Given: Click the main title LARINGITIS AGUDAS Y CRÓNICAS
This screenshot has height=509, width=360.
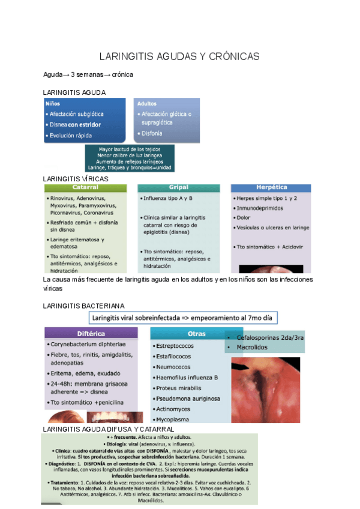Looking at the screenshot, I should click(x=179, y=56).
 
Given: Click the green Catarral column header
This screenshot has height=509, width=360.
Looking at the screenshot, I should click(x=85, y=187).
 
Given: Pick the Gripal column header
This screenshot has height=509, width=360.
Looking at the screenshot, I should click(x=179, y=187).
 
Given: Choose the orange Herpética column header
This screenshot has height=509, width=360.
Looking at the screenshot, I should click(x=272, y=187).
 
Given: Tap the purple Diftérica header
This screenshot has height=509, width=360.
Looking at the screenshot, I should click(x=91, y=333).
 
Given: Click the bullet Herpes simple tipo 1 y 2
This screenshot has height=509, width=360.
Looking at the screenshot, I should click(x=267, y=197).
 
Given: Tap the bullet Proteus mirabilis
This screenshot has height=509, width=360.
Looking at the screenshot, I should click(x=180, y=388).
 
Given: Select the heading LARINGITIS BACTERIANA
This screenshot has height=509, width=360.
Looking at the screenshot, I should click(x=84, y=306).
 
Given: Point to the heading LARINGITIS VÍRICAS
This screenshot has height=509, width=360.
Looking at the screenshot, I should click(x=76, y=179).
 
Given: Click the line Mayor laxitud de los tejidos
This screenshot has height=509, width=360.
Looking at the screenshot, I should click(x=130, y=149).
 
